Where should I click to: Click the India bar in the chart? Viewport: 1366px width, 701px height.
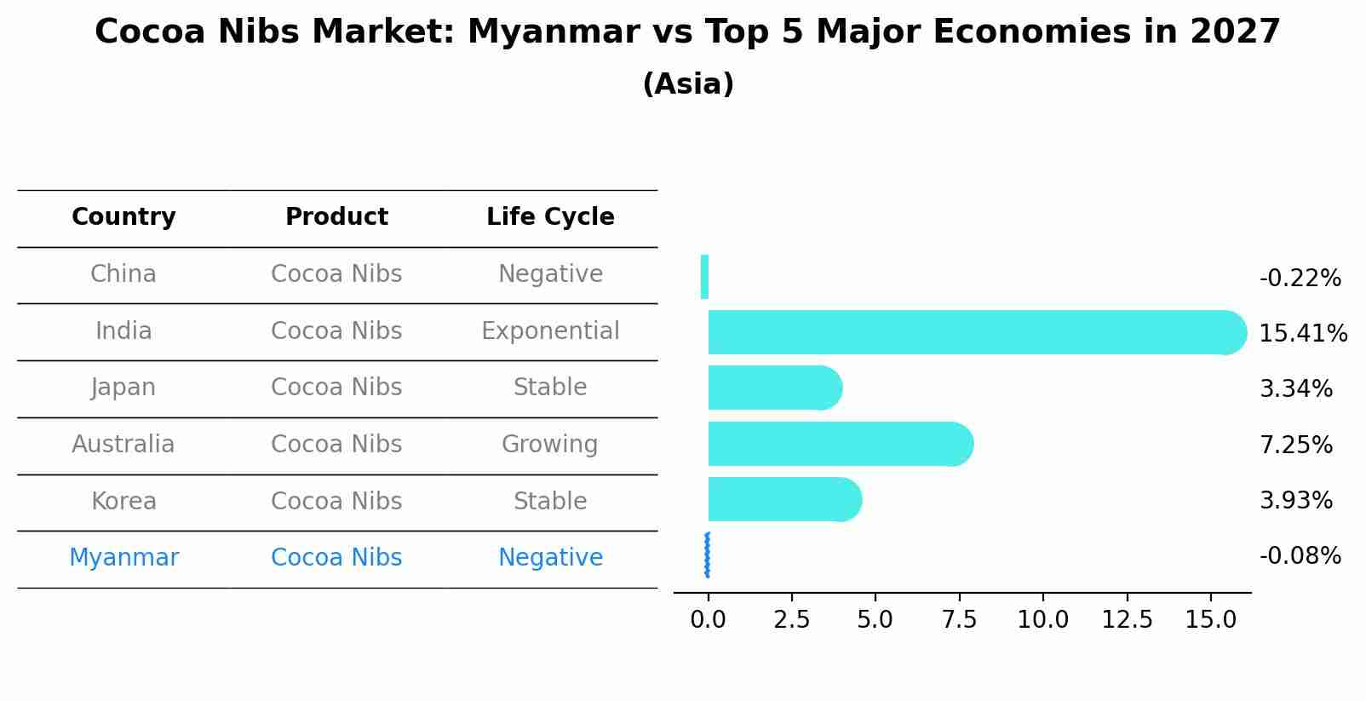(971, 332)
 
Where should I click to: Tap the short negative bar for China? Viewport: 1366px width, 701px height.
(704, 277)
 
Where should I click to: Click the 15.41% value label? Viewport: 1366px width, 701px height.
(1302, 334)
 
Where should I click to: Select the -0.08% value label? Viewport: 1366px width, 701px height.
(1300, 556)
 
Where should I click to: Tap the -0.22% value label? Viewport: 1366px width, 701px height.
(1300, 279)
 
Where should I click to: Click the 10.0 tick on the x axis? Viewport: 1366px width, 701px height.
(1042, 620)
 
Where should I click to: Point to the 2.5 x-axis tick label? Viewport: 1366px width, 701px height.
(791, 620)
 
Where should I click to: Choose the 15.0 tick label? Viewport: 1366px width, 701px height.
(1210, 620)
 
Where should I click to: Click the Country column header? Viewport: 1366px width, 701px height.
(123, 217)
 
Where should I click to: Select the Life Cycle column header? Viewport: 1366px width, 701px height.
(550, 217)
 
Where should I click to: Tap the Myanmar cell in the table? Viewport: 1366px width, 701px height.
(123, 558)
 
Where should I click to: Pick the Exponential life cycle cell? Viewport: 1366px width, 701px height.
(550, 331)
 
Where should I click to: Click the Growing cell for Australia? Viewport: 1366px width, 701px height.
(549, 445)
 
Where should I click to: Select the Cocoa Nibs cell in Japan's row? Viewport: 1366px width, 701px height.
(336, 388)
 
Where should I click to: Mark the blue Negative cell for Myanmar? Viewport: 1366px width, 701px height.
(550, 558)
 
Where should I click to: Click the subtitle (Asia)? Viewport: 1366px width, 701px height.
(688, 84)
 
